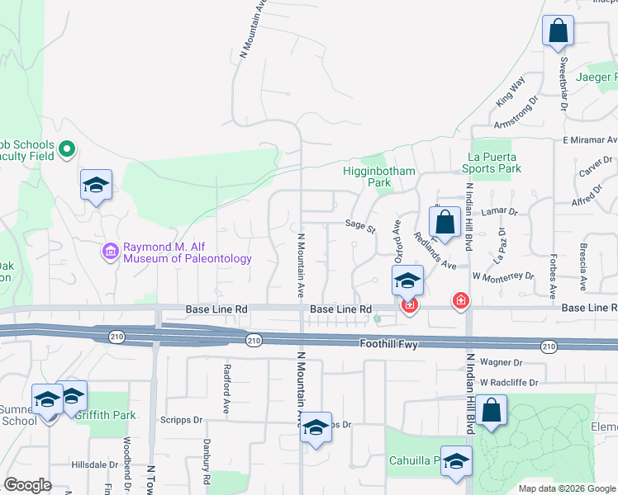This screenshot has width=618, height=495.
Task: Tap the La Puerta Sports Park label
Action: coord(493,163)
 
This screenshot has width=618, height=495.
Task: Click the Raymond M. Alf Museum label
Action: coord(187,252)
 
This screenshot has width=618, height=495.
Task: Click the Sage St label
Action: coord(360,223)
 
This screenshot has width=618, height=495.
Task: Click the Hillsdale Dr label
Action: coord(95,464)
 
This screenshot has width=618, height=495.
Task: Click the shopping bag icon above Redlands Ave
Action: coord(444,223)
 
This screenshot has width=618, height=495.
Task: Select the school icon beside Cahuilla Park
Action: coord(456,463)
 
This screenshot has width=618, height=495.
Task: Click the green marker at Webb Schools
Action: coord(67,150)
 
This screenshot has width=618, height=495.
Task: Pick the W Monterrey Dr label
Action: coord(503,276)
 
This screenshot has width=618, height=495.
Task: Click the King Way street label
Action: coord(511,92)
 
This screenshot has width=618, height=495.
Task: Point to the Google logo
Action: coord(27,485)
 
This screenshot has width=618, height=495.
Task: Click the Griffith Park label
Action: coord(105,415)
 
